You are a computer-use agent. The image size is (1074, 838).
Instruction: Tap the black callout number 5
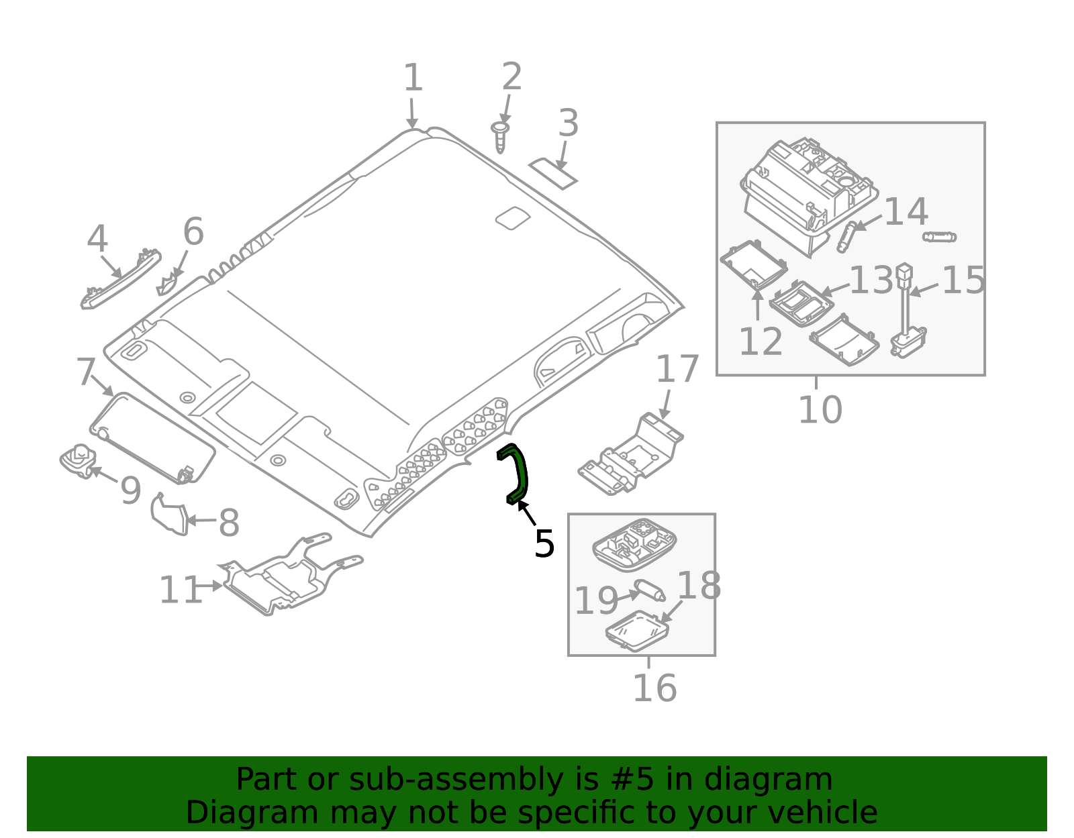(544, 543)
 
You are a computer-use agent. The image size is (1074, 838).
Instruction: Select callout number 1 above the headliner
(412, 78)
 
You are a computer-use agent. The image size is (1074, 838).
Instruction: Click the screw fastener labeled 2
(500, 137)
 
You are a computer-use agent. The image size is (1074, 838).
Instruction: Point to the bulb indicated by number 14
(846, 236)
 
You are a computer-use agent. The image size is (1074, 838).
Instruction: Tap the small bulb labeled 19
(650, 590)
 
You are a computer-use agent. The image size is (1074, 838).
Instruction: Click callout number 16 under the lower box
(654, 688)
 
